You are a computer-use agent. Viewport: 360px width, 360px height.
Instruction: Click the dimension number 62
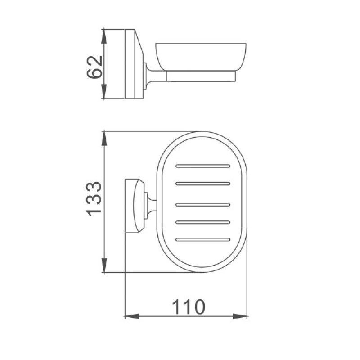pyautogui.click(x=94, y=67)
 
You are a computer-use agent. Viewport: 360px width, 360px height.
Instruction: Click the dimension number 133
pyautogui.click(x=94, y=199)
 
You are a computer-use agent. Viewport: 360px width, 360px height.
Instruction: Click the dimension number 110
pyautogui.click(x=188, y=307)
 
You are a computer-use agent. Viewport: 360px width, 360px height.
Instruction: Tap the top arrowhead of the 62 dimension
pyautogui.click(x=104, y=36)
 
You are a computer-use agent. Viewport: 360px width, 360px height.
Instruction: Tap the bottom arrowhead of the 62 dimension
pyautogui.click(x=104, y=91)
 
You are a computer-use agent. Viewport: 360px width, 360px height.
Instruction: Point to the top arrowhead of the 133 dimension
pyautogui.click(x=104, y=138)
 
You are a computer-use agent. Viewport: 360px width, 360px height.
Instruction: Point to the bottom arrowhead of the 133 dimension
pyautogui.click(x=104, y=265)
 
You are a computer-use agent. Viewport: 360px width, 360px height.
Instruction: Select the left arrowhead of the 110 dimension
pyautogui.click(x=132, y=316)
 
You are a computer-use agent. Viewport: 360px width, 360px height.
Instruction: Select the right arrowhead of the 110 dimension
pyautogui.click(x=240, y=316)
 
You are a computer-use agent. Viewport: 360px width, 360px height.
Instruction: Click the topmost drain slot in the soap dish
pyautogui.click(x=203, y=166)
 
